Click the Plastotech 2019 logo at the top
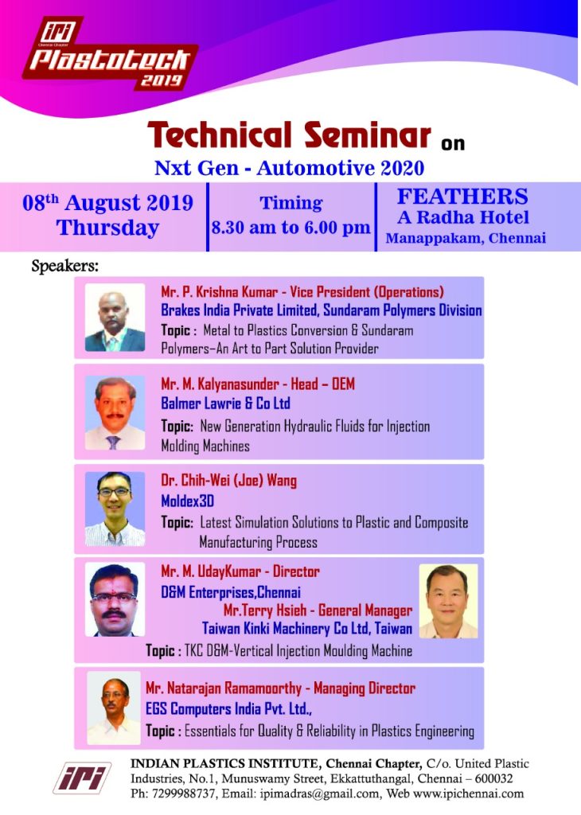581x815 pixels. [109, 54]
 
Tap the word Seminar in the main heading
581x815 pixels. [368, 135]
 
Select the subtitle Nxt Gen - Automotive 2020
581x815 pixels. [290, 168]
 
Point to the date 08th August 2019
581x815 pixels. [107, 202]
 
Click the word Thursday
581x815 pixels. [107, 228]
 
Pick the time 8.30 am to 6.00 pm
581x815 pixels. [290, 228]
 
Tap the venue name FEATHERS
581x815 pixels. [462, 197]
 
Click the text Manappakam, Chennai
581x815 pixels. [466, 238]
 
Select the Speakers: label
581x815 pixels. [65, 266]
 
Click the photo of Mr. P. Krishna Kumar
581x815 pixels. [115, 318]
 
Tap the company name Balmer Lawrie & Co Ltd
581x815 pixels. [225, 404]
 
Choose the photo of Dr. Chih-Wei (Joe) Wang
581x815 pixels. [115, 509]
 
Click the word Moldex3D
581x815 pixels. [188, 501]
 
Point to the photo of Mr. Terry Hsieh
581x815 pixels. [448, 602]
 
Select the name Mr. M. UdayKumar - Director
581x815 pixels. [240, 571]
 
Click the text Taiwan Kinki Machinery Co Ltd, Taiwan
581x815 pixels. [307, 629]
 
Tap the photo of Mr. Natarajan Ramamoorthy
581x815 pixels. [114, 708]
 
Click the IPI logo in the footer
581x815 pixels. [82, 778]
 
